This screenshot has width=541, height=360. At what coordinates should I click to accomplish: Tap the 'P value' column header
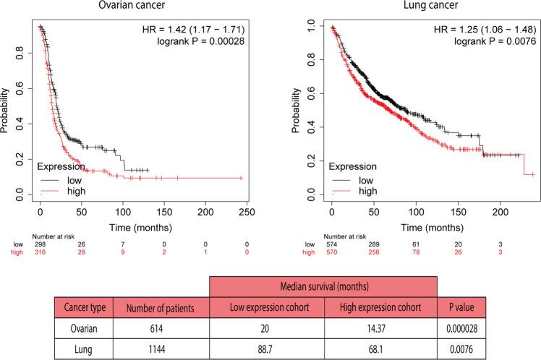coord(464,307)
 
